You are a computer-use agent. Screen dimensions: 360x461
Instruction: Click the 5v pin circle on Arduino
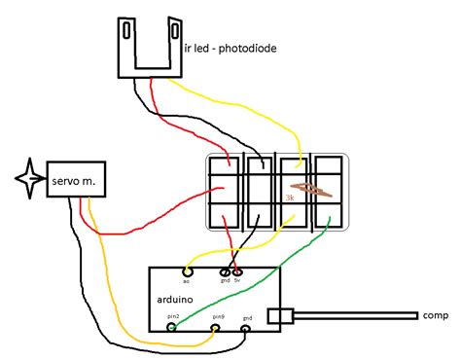pos(236,271)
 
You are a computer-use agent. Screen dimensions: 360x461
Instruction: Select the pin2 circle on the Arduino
pos(173,330)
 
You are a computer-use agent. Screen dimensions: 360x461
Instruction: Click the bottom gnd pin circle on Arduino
pos(245,330)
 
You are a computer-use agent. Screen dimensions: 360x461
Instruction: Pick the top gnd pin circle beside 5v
pos(226,271)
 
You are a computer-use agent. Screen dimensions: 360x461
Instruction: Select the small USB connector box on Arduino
pos(279,315)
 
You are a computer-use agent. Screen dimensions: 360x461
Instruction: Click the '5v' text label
pos(236,282)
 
